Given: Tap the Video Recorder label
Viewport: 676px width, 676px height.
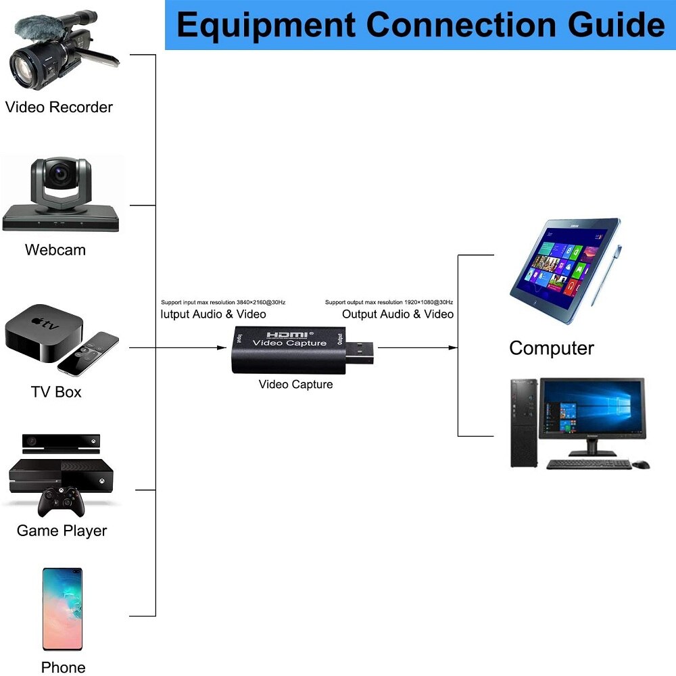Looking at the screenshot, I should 59,107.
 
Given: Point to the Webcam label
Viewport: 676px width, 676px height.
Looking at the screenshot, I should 55,249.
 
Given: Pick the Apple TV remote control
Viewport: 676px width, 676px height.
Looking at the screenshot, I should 88,352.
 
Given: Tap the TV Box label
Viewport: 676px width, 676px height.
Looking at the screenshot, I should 56,392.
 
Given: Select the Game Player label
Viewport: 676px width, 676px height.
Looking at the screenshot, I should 62,531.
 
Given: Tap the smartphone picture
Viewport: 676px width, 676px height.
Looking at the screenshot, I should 62,608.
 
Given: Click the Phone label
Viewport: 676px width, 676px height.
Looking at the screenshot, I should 63,667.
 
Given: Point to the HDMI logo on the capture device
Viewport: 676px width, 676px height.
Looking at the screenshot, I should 288,334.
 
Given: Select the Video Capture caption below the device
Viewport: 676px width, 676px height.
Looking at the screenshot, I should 295,385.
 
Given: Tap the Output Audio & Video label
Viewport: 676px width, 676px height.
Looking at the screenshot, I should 397,314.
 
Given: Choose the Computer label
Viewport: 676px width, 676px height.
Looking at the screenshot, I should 551,348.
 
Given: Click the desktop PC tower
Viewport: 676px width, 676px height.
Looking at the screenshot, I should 523,422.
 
